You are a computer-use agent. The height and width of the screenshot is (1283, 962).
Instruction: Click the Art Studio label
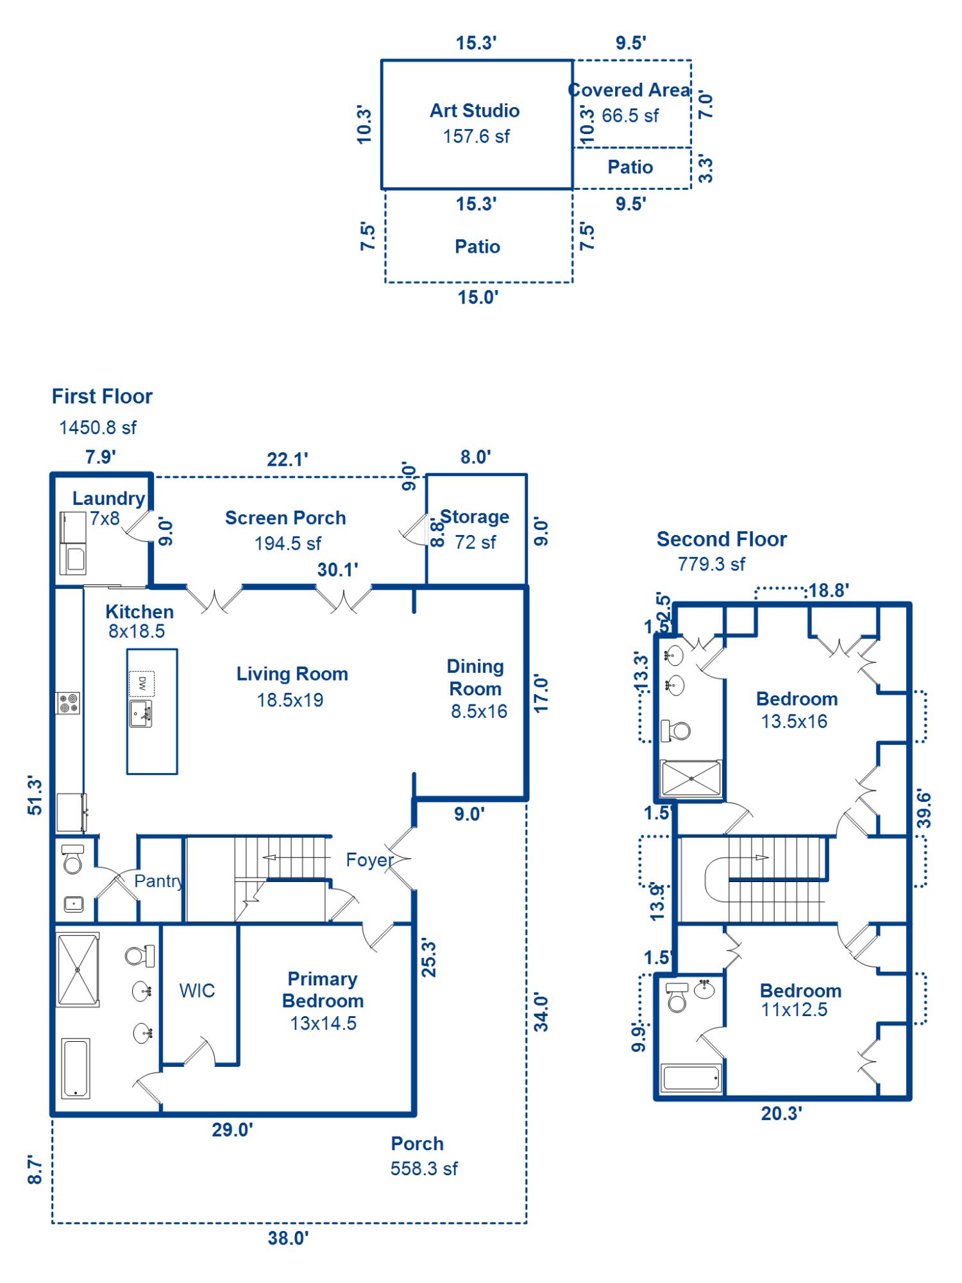pyautogui.click(x=475, y=111)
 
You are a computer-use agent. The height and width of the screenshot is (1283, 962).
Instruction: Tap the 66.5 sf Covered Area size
pyautogui.click(x=630, y=116)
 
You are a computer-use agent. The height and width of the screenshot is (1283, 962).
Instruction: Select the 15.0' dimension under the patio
pyautogui.click(x=478, y=298)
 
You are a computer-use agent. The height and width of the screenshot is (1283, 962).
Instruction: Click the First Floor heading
pyautogui.click(x=102, y=396)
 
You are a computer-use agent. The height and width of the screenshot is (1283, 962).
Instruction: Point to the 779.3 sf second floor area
pyautogui.click(x=711, y=564)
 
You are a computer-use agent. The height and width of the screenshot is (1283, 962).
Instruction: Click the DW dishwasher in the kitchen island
pyautogui.click(x=142, y=683)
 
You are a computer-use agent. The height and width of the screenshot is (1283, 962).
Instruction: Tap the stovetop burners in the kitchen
pyautogui.click(x=68, y=703)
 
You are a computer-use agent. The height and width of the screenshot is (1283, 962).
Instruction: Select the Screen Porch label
pyautogui.click(x=285, y=518)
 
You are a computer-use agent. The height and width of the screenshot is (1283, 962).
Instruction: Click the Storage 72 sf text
pyautogui.click(x=475, y=542)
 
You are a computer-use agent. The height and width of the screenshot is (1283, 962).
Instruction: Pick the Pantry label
pyautogui.click(x=158, y=881)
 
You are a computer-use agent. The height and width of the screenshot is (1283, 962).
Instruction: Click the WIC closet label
pyautogui.click(x=197, y=990)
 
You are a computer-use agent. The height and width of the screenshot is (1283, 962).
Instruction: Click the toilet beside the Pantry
pyautogui.click(x=72, y=860)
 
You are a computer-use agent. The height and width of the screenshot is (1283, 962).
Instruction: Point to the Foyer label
pyautogui.click(x=369, y=860)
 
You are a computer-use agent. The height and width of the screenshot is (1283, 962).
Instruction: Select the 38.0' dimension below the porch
pyautogui.click(x=288, y=1238)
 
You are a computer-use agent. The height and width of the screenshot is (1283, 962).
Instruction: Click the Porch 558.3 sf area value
pyautogui.click(x=424, y=1169)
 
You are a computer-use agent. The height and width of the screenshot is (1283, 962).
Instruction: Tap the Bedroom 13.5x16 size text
pyautogui.click(x=794, y=722)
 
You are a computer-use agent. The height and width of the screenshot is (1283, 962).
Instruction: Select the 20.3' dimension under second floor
pyautogui.click(x=781, y=1114)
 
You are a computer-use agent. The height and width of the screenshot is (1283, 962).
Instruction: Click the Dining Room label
pyautogui.click(x=475, y=677)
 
